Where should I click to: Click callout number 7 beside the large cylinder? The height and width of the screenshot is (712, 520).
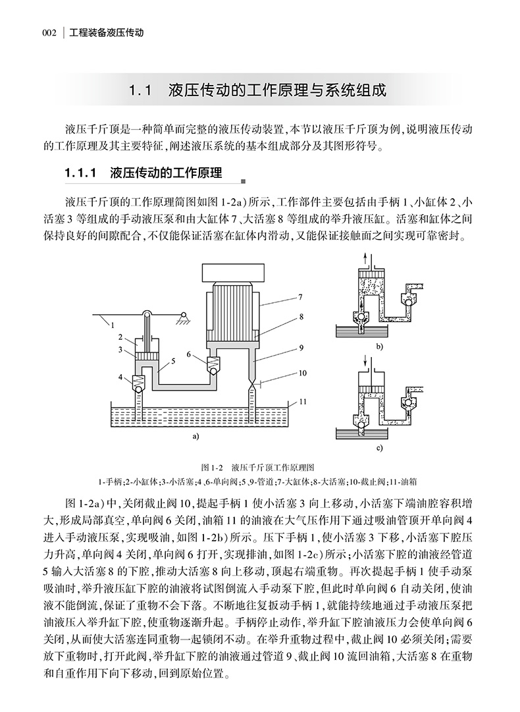[x=300, y=297]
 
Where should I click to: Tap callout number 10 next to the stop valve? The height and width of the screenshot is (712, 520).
[x=302, y=373]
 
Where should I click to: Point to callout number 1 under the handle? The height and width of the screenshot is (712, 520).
[x=113, y=324]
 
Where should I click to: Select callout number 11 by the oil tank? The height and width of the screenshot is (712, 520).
[x=303, y=400]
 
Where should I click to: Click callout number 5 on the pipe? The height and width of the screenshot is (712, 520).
[x=172, y=361]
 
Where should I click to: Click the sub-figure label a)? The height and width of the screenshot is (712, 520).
[x=195, y=436]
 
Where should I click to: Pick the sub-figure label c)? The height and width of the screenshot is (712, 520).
[x=380, y=449]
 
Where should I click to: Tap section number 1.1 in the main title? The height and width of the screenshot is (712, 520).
[x=141, y=90]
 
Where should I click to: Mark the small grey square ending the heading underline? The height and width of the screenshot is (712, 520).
[x=243, y=182]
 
